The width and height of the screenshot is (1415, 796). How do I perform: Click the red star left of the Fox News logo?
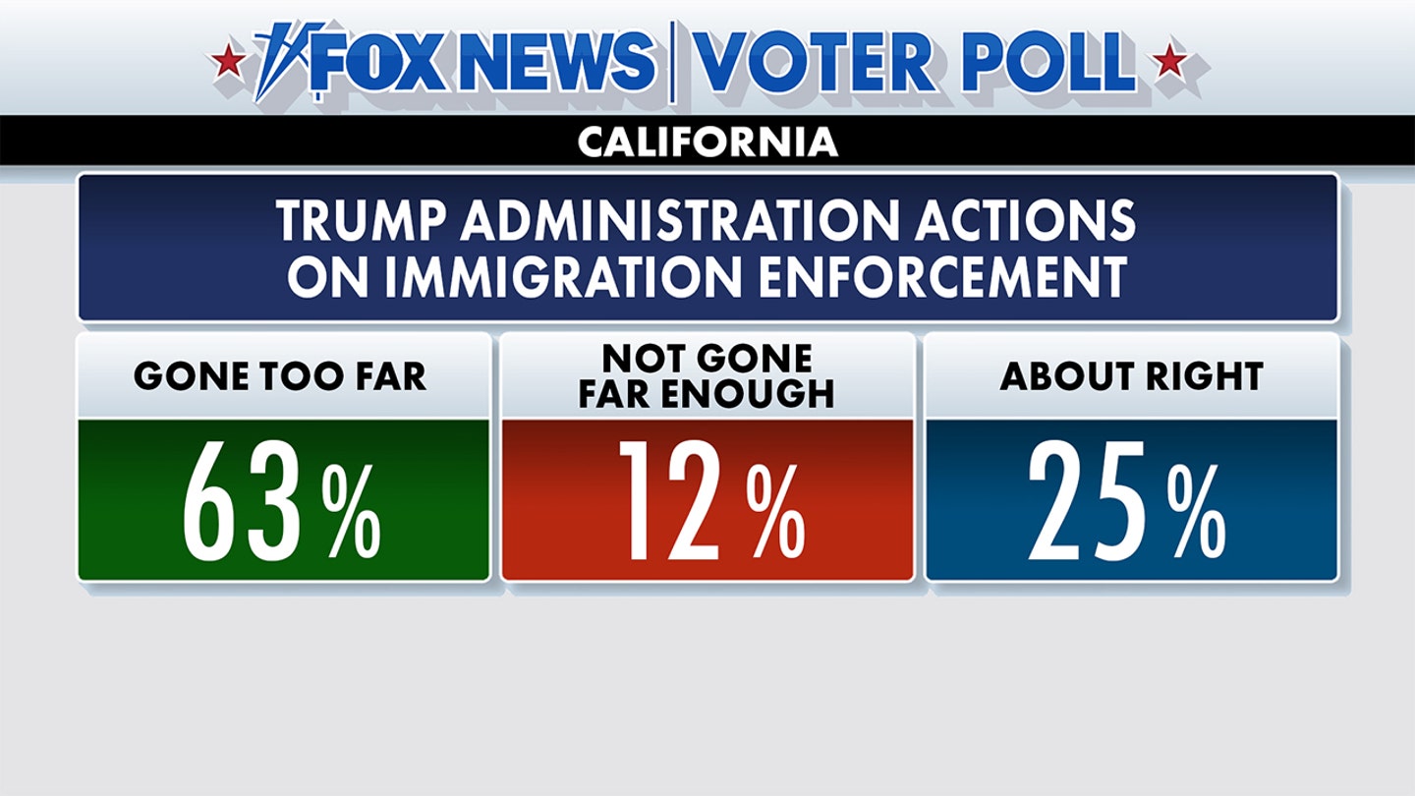coord(230,62)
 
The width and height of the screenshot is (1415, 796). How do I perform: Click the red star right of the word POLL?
coord(1169,62)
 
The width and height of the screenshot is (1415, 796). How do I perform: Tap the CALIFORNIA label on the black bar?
coord(707,142)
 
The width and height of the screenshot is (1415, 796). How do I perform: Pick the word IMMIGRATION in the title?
coord(560,278)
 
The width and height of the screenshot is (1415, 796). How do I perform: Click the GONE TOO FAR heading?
coord(281,376)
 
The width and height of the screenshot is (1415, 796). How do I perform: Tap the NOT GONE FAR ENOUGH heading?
coord(707,375)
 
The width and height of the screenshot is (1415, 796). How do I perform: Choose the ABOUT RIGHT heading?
coord(1131,376)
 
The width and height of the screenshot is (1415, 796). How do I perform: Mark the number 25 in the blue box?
coord(1089,502)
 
